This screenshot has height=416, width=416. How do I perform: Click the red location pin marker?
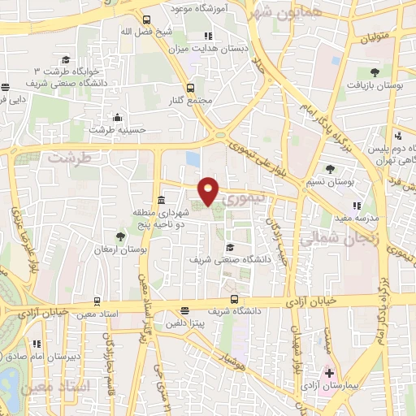coord(209,189)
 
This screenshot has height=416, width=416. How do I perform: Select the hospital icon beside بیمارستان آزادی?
coord(328,375)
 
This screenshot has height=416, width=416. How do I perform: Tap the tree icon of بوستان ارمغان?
coord(121,236)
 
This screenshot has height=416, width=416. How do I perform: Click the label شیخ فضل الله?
coord(145,32)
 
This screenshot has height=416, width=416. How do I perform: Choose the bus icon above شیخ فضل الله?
coord(145,19)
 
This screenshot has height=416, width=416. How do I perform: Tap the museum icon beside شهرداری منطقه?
coord(161,200)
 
